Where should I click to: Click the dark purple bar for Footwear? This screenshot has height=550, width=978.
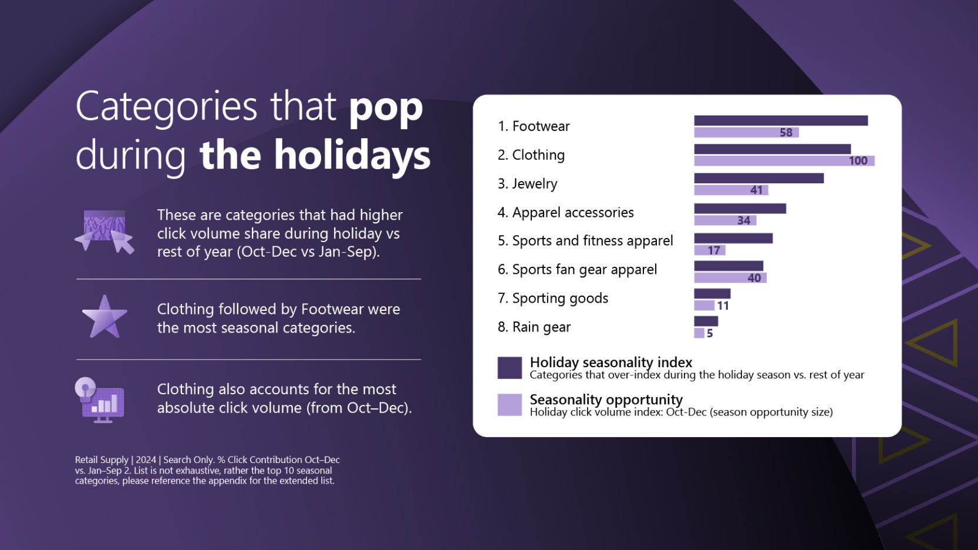point(780,120)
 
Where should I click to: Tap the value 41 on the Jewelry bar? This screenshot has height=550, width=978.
point(756,190)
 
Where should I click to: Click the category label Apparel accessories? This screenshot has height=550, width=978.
point(565,213)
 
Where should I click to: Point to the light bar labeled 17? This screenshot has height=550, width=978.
point(709,250)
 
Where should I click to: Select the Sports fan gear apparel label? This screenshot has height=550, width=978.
point(577,270)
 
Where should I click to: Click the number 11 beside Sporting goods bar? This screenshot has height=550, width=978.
point(723,306)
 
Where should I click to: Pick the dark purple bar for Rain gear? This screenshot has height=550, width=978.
point(706,321)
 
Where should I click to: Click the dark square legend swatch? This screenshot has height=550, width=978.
point(510,368)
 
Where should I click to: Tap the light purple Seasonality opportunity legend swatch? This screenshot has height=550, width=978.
point(510,405)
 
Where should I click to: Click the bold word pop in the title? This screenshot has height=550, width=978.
point(386,108)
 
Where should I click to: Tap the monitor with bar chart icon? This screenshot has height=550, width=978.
point(101,401)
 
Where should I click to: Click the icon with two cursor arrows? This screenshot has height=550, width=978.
point(104,232)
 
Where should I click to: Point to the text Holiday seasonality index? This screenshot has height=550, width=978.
point(611,362)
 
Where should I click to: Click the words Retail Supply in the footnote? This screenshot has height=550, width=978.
point(102,460)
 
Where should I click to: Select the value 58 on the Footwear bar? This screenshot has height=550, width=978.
point(785,133)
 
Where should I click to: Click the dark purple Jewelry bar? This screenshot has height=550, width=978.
point(758,178)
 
